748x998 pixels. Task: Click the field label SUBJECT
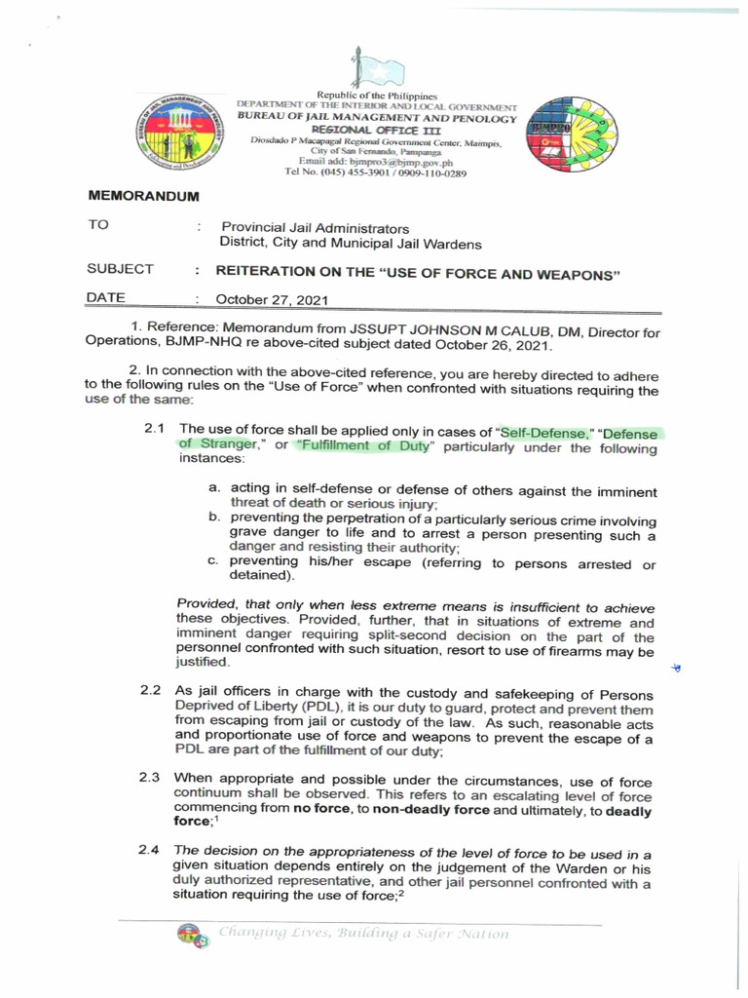(x=120, y=269)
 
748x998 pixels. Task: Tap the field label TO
(x=98, y=225)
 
